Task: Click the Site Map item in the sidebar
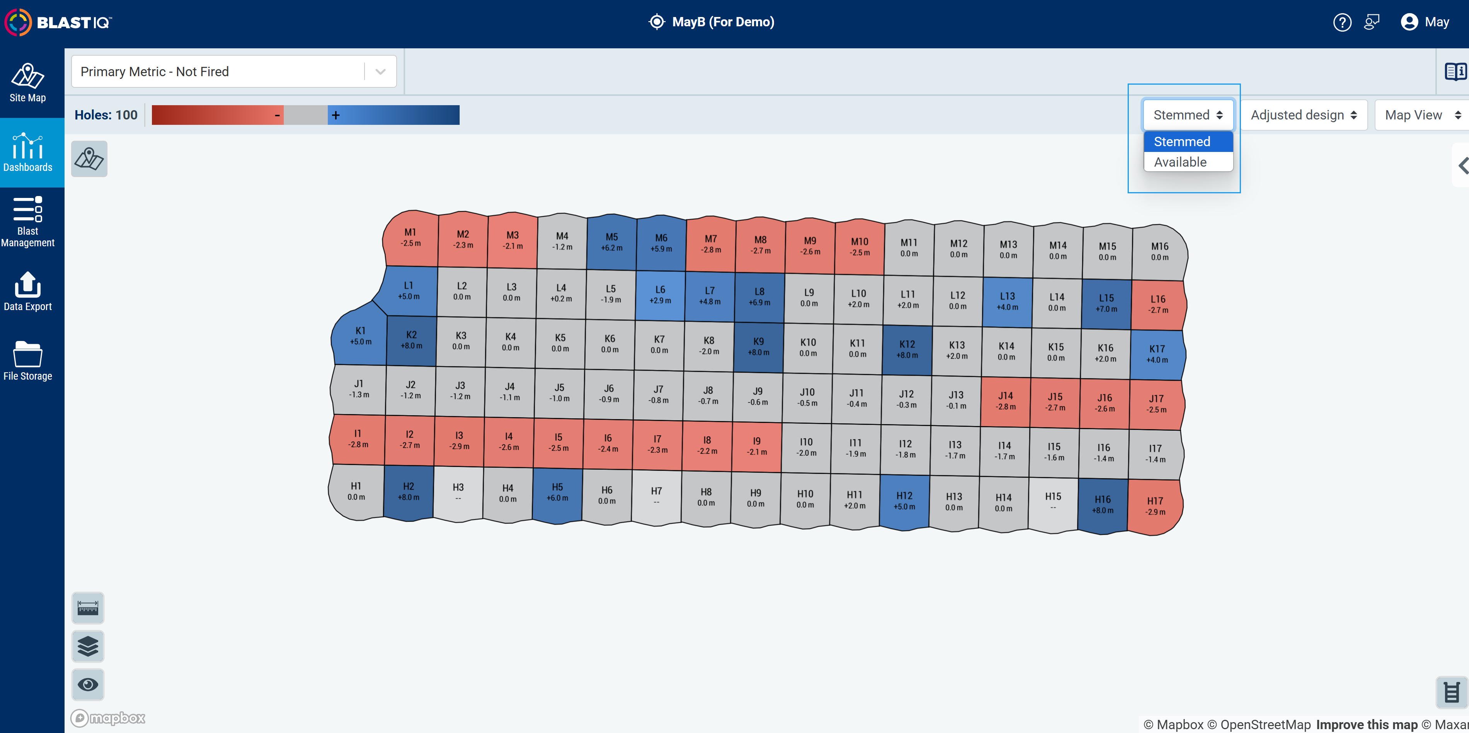tap(28, 83)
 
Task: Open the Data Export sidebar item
tap(28, 291)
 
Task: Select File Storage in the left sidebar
tap(28, 361)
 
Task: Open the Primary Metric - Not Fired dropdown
tap(234, 71)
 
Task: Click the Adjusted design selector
tap(1304, 115)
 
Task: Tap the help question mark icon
tap(1342, 22)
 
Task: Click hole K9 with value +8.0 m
tap(758, 347)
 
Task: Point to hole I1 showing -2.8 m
tap(358, 439)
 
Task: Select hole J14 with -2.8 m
tap(1005, 401)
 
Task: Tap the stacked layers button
tap(88, 646)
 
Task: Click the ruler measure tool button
tap(88, 608)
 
